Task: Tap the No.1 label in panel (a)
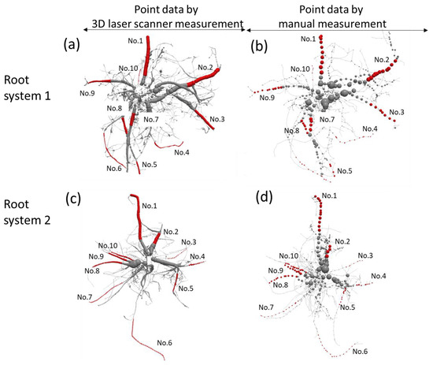pyautogui.click(x=135, y=40)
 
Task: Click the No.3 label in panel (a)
pyautogui.click(x=216, y=119)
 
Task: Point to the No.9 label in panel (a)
pyautogui.click(x=88, y=93)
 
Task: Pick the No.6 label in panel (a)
pyautogui.click(x=114, y=168)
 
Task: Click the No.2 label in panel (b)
pyautogui.click(x=381, y=60)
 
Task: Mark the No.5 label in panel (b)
pyautogui.click(x=343, y=171)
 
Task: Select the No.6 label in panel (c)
pyautogui.click(x=166, y=341)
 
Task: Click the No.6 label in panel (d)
pyautogui.click(x=360, y=351)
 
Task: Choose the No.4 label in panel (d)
pyautogui.click(x=379, y=276)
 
